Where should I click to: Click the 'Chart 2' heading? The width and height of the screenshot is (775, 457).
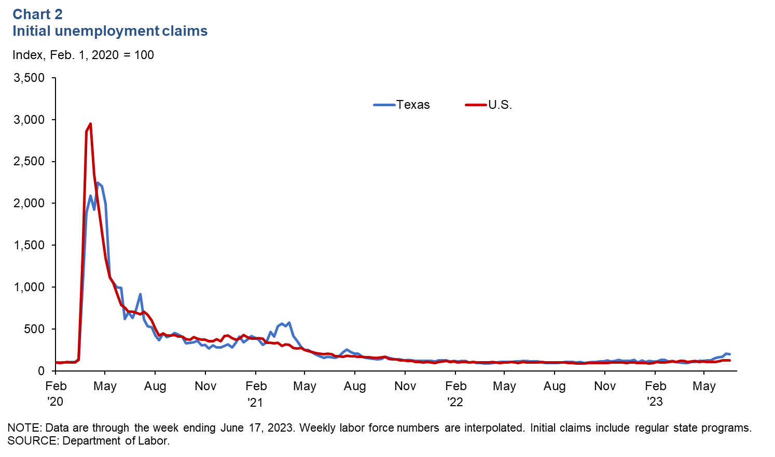pyautogui.click(x=37, y=14)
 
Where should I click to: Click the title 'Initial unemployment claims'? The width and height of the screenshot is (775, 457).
pyautogui.click(x=110, y=31)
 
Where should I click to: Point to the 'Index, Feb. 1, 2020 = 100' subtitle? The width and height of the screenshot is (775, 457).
pyautogui.click(x=83, y=55)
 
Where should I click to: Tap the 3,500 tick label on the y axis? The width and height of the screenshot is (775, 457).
pyautogui.click(x=30, y=78)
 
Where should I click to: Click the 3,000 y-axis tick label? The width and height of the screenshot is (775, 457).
pyautogui.click(x=30, y=120)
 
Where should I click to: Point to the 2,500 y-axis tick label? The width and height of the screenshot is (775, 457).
pyautogui.click(x=30, y=162)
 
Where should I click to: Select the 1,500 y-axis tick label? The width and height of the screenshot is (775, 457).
pyautogui.click(x=30, y=245)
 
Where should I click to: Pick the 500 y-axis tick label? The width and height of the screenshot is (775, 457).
pyautogui.click(x=34, y=329)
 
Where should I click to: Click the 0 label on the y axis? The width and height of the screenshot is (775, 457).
pyautogui.click(x=41, y=371)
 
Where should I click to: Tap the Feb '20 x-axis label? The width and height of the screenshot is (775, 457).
pyautogui.click(x=56, y=393)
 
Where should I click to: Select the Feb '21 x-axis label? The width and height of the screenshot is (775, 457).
pyautogui.click(x=256, y=393)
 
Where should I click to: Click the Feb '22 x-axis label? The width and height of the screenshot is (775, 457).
pyautogui.click(x=455, y=393)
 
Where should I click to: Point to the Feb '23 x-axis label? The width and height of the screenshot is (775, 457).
pyautogui.click(x=655, y=393)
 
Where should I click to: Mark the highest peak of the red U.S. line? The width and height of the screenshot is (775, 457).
pyautogui.click(x=91, y=124)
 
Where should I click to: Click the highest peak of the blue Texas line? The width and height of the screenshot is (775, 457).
pyautogui.click(x=98, y=182)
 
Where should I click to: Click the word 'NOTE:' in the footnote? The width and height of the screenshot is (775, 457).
pyautogui.click(x=24, y=428)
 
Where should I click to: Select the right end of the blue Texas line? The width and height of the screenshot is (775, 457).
pyautogui.click(x=730, y=354)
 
